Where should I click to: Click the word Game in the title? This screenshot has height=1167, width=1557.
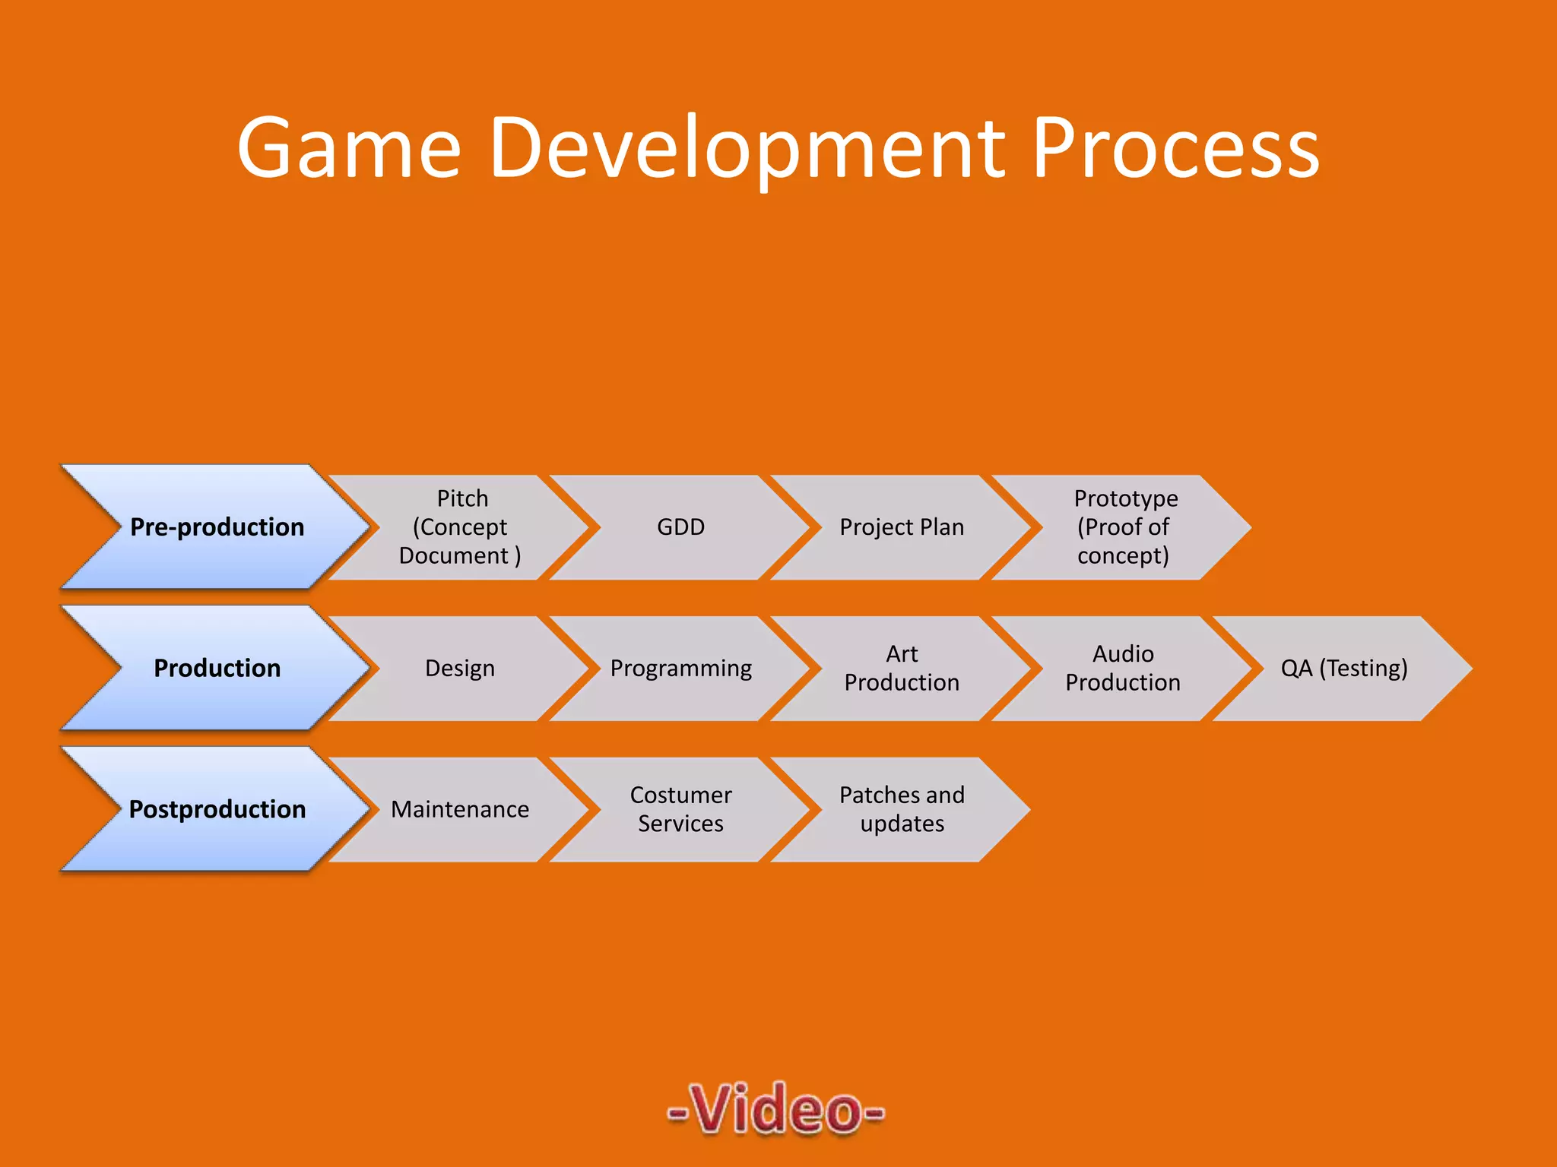(x=349, y=148)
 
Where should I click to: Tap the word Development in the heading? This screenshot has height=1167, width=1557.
(x=747, y=148)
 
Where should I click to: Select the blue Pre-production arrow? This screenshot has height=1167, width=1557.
(x=217, y=527)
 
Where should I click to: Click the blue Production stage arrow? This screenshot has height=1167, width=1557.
(x=217, y=668)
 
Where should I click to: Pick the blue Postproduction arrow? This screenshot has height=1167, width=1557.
(x=217, y=809)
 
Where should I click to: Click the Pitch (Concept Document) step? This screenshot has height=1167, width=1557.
(x=461, y=527)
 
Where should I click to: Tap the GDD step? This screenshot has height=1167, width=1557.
(x=680, y=527)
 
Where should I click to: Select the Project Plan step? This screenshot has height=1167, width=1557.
(x=902, y=527)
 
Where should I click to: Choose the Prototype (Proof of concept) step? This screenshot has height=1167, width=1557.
(x=1124, y=527)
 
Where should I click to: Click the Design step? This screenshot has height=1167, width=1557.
(x=460, y=669)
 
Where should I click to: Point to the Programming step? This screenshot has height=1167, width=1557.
(x=680, y=669)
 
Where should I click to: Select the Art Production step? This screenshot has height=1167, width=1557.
(x=902, y=669)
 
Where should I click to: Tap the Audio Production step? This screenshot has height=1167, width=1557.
(x=1123, y=669)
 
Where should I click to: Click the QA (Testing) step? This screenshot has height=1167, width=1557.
(x=1343, y=669)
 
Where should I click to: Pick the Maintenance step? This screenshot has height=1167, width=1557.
(x=460, y=810)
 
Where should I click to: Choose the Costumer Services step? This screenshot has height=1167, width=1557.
(x=680, y=810)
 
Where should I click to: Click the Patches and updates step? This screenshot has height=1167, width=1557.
(x=902, y=810)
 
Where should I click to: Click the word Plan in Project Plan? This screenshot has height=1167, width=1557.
(x=940, y=527)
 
